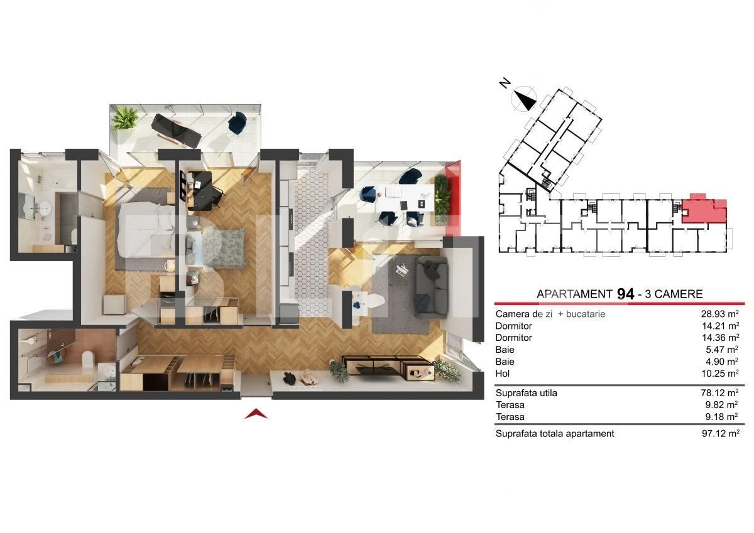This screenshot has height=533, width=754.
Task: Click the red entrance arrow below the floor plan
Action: coord(256,414)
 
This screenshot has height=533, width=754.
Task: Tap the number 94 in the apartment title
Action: coord(625,294)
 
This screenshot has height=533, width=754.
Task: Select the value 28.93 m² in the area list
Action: coord(720,314)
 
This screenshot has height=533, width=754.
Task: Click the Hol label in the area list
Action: coord(502,374)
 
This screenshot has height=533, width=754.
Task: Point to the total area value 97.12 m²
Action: coord(721,433)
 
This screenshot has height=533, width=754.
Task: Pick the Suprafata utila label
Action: coord(526,393)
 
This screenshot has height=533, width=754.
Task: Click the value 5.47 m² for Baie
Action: coord(723,350)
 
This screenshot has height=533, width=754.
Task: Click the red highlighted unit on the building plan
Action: coord(704,211)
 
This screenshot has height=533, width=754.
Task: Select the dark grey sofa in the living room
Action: coord(432,286)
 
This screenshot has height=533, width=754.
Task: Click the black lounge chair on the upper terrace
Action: coord(177,131)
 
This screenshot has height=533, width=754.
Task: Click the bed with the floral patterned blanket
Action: coord(216,249)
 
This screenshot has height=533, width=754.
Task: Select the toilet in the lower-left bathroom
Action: coord(87,358)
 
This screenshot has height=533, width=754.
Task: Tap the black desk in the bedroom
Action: coord(200,190)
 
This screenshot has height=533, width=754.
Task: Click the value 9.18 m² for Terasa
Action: coord(722,417)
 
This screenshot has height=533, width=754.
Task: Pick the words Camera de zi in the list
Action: coord(524,314)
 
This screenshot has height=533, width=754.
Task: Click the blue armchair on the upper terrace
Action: coord(238,123)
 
